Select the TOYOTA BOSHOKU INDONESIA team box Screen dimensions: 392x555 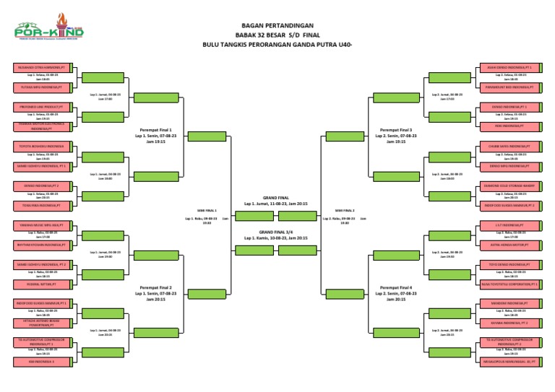pos(40,147)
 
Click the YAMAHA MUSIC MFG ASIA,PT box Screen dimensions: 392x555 pos(40,225)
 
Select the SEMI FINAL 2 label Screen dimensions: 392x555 pos(345,210)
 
